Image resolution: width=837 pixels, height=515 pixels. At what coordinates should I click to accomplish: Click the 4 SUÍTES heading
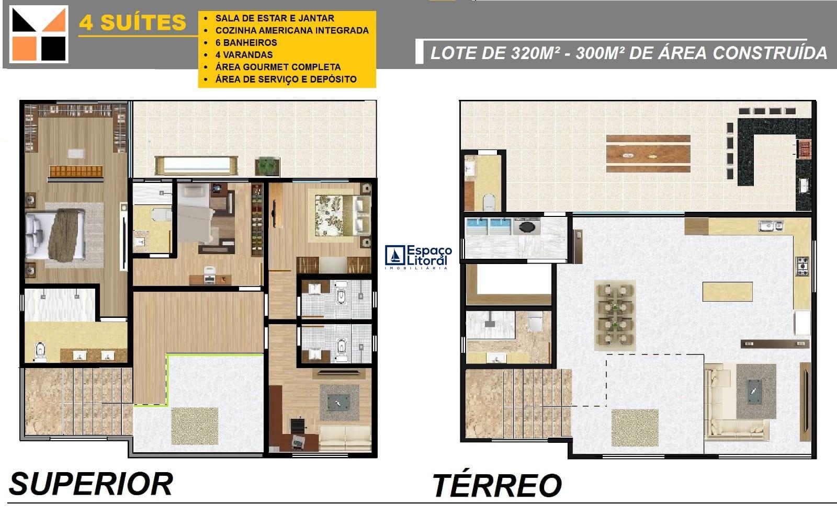[x=132, y=22]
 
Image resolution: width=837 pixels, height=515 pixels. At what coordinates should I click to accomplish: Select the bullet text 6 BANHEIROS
[x=246, y=42]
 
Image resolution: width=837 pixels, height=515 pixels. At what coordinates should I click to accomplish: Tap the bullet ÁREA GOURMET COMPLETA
[x=278, y=67]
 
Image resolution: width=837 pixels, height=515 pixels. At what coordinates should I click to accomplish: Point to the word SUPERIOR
[x=91, y=484]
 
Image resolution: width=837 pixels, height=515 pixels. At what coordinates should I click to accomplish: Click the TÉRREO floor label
[x=497, y=485]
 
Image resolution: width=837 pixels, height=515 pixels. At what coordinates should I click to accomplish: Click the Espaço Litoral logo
[x=418, y=256]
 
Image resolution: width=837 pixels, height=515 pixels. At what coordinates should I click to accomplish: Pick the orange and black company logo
[x=39, y=34]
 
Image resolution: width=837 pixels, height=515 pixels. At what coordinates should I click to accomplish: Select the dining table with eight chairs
[x=615, y=315]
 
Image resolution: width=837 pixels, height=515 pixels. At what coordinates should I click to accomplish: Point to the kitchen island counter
[x=727, y=291]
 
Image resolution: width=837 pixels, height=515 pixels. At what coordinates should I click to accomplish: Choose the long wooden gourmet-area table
[x=648, y=154]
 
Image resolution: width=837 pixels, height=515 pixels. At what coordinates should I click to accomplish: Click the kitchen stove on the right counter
[x=802, y=266]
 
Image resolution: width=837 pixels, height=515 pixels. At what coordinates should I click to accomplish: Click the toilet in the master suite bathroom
[x=40, y=351]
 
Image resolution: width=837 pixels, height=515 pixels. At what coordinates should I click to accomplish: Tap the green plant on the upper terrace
[x=267, y=165]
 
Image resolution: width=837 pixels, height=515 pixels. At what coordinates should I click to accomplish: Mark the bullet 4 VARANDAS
[x=244, y=54]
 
